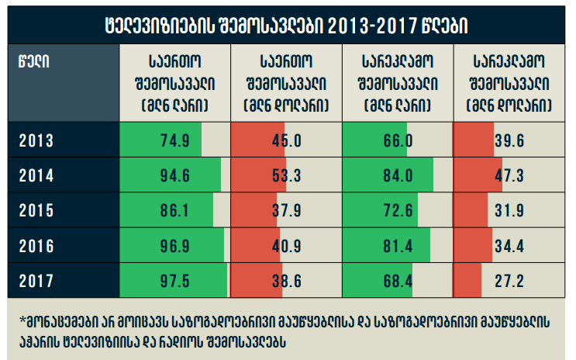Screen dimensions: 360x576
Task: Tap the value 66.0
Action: point(397,140)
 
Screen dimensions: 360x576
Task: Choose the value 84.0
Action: point(397,175)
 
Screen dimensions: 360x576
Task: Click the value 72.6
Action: point(397,210)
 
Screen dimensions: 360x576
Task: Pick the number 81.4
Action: point(397,245)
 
